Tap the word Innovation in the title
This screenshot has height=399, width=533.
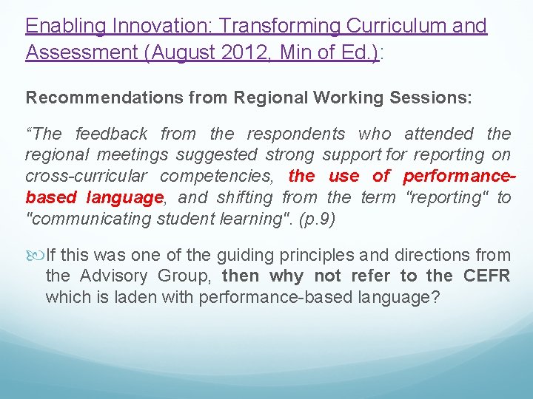tap(165, 27)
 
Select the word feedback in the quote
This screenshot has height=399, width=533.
tap(113, 134)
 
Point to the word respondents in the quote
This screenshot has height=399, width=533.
tap(295, 134)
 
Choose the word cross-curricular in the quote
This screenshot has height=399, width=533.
tap(86, 177)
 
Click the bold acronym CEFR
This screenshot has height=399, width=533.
tap(486, 276)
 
